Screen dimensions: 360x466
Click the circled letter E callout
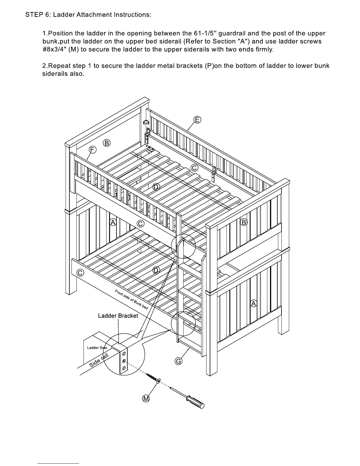[197, 120]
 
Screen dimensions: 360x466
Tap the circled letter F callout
[92, 150]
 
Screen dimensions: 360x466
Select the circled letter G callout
[179, 361]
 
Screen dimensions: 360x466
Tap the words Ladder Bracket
[118, 316]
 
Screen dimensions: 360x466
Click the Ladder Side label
[97, 348]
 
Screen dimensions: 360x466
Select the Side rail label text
[99, 360]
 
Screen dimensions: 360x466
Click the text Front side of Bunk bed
[131, 299]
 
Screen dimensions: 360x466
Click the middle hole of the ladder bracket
[124, 361]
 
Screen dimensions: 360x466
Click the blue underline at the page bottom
[58, 463]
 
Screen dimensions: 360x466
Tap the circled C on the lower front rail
[80, 273]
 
